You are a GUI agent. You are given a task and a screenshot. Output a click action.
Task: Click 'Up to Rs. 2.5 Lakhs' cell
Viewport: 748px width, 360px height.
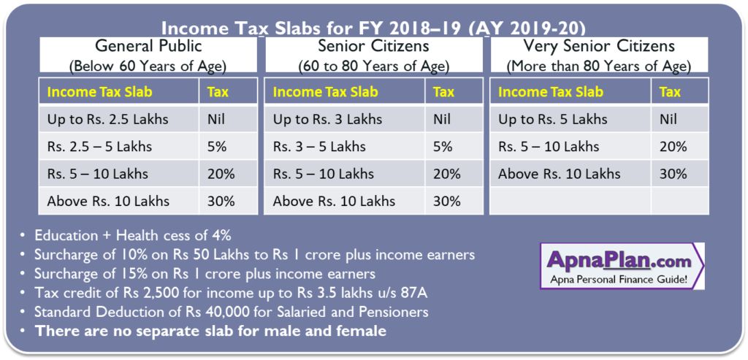(107, 119)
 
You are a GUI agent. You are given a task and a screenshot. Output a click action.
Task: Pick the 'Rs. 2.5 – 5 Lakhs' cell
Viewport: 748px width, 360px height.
(99, 147)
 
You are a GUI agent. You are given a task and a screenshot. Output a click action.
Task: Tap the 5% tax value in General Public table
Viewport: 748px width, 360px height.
(217, 147)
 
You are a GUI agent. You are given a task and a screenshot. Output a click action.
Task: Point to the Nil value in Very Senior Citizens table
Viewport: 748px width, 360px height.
(669, 119)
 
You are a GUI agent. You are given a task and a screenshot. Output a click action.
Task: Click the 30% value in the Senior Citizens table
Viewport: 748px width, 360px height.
(446, 202)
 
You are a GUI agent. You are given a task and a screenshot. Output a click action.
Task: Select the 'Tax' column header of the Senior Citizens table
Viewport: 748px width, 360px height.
(443, 92)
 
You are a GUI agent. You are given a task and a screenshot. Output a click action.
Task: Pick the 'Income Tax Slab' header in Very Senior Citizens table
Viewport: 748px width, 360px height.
(551, 92)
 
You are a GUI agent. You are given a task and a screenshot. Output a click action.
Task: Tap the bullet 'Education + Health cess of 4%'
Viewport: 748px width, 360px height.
(132, 236)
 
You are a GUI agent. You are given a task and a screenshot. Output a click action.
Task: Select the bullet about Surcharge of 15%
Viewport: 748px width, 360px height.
(205, 274)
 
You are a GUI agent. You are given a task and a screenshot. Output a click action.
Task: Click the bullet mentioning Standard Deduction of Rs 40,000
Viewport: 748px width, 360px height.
(231, 312)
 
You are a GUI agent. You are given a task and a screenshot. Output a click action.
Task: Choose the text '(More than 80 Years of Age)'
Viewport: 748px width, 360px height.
(598, 66)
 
